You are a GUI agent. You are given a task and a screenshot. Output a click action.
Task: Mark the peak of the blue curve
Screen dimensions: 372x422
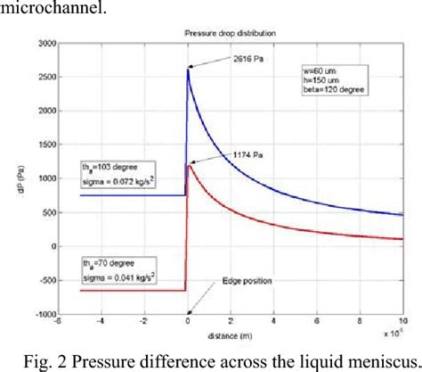[189, 69]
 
